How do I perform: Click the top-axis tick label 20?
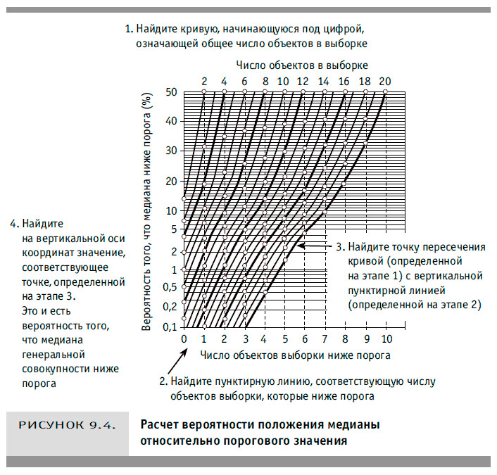pyautogui.click(x=384, y=81)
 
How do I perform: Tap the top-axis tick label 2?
pyautogui.click(x=204, y=81)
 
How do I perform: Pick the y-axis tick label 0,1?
pyautogui.click(x=169, y=327)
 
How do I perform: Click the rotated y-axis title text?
pyautogui.click(x=147, y=211)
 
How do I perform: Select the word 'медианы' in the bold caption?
pyautogui.click(x=355, y=426)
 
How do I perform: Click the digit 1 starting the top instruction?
pyautogui.click(x=128, y=30)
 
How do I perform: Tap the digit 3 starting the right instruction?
pyautogui.click(x=339, y=247)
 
